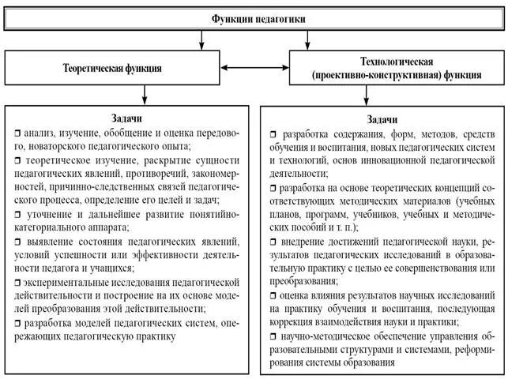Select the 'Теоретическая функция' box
112,68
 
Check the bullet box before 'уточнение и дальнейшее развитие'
17,213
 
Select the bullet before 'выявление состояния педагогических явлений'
17,241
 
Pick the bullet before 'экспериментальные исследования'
17,282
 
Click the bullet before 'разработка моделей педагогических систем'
17,323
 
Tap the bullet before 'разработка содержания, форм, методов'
273,133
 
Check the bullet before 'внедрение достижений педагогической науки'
273,241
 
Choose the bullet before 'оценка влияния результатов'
273,295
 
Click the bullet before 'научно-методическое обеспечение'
273,336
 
